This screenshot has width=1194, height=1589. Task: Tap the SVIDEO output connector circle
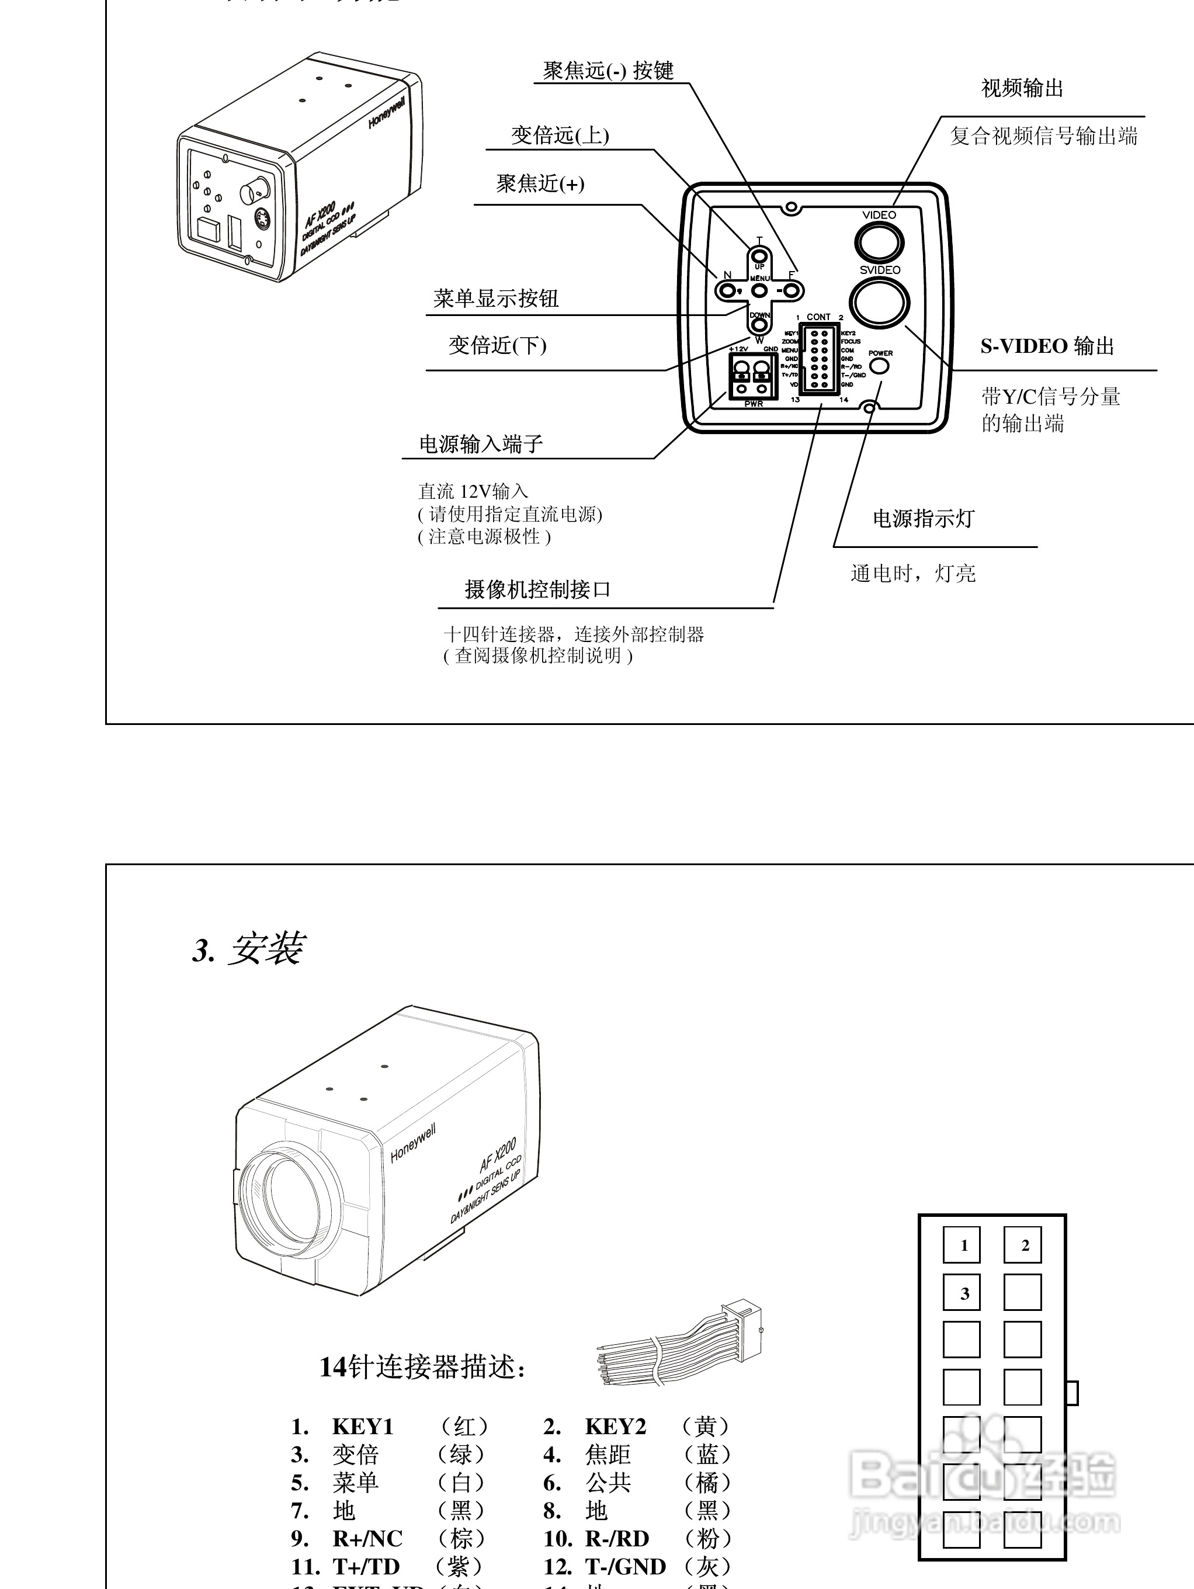(x=879, y=301)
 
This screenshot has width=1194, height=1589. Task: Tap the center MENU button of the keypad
(x=759, y=290)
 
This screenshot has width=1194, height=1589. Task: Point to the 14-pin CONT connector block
(x=820, y=358)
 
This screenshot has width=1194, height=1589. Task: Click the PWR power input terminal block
(x=753, y=376)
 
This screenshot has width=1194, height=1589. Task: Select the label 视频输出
(x=1022, y=88)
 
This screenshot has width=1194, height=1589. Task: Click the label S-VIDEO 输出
(x=1047, y=346)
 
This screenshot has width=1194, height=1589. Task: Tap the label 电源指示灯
(x=923, y=519)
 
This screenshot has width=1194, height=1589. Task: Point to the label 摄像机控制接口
(x=537, y=590)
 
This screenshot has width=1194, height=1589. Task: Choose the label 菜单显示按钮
(x=496, y=298)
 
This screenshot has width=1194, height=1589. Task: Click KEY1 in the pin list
(x=363, y=1426)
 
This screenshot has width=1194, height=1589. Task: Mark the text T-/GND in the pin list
(x=625, y=1566)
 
